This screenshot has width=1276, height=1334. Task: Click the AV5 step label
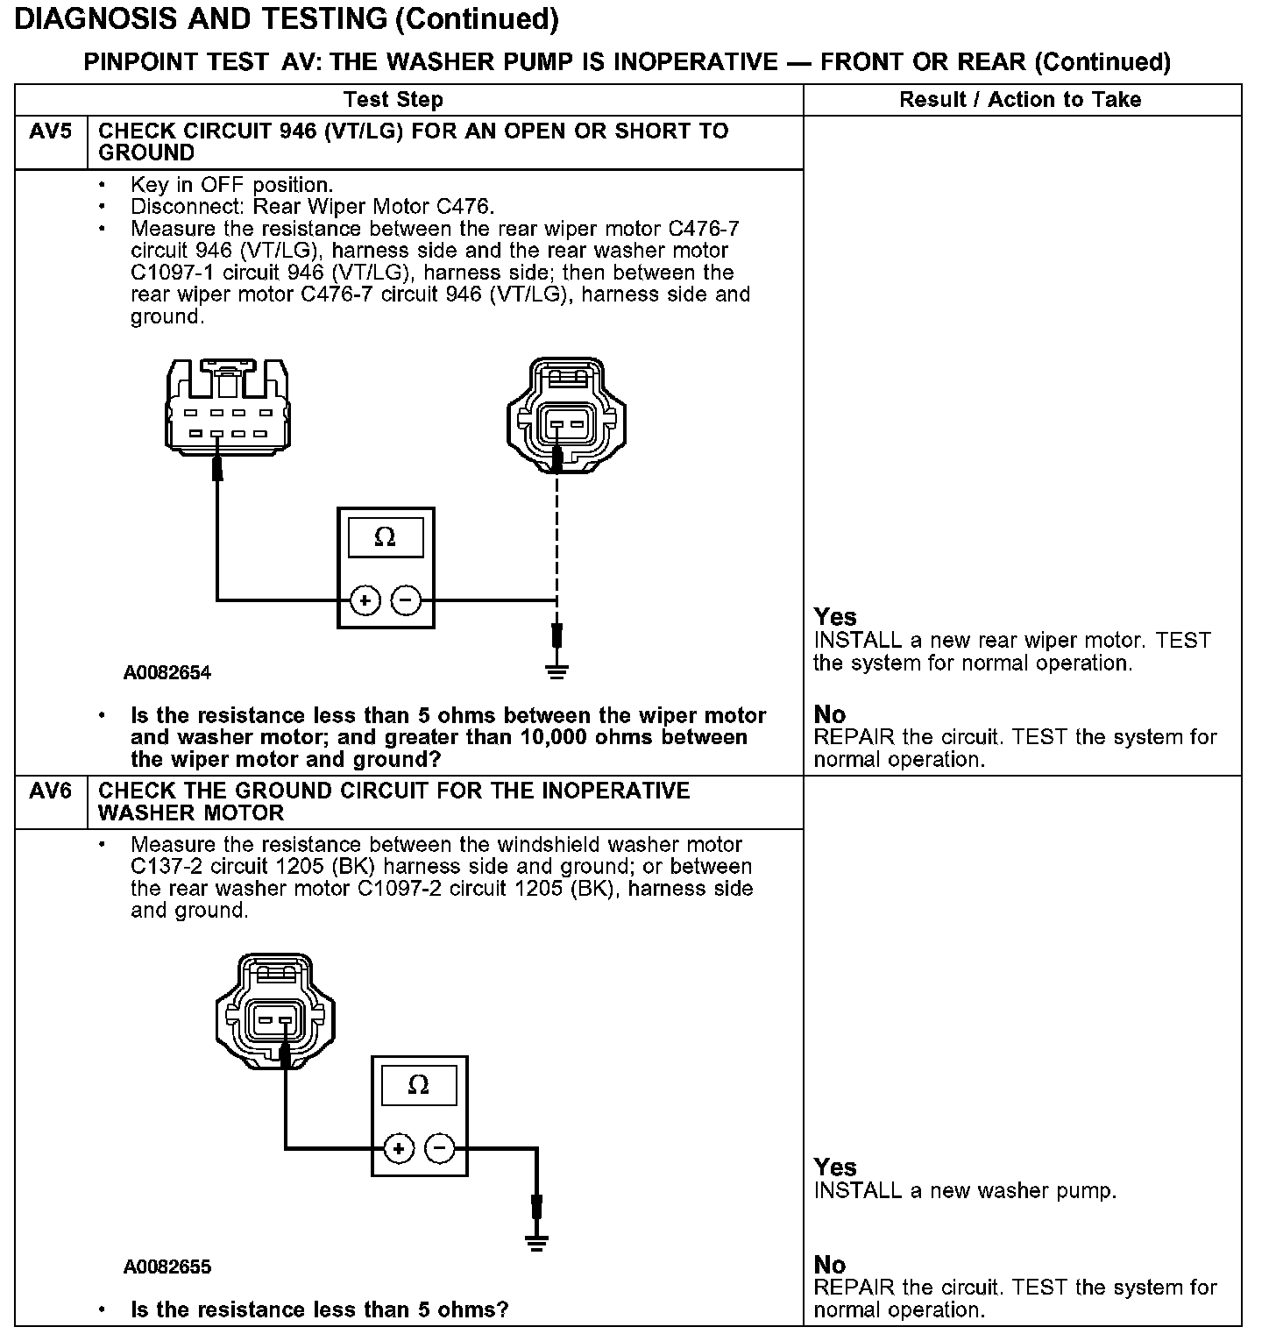(50, 132)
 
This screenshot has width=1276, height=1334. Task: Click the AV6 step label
(50, 791)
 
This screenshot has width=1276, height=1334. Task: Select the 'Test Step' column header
(393, 100)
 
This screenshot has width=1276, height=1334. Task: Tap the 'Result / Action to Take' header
(1020, 100)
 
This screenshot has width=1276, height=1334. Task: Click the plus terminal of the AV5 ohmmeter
(364, 600)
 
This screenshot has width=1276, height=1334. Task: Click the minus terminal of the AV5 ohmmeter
(406, 600)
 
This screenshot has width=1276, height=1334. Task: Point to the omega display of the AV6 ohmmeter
(419, 1085)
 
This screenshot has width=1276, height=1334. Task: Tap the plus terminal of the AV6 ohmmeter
(399, 1148)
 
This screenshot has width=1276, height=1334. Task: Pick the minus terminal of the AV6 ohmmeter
(440, 1148)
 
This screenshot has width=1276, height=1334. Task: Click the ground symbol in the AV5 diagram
(556, 671)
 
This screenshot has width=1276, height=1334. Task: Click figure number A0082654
(167, 673)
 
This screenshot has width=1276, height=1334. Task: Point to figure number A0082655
(167, 1267)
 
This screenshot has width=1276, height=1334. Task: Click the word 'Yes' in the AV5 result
(834, 617)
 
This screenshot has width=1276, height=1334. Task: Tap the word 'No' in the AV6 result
(829, 1265)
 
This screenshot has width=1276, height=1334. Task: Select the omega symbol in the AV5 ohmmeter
(385, 537)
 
